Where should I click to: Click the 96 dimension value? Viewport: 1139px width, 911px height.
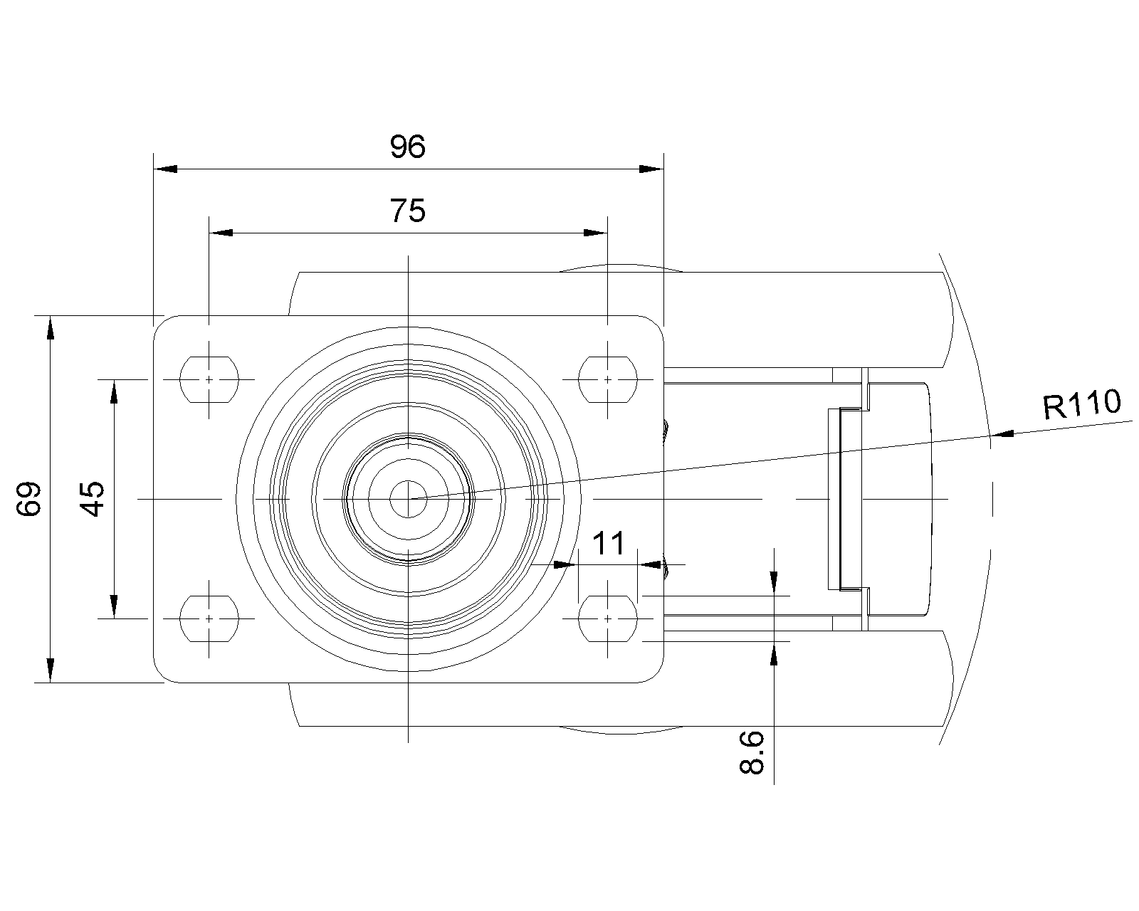407,147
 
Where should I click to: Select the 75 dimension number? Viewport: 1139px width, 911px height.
407,210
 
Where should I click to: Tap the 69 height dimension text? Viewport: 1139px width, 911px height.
29,499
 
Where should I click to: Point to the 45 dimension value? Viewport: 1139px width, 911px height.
92,499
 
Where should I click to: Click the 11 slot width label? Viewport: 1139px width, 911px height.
608,543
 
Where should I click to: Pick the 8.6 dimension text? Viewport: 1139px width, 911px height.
752,753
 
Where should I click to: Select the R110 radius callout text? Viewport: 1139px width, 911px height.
1082,404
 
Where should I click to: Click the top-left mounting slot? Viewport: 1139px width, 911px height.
209,379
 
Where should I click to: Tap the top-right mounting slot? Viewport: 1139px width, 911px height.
608,379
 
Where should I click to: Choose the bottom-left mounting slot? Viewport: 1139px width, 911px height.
209,618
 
